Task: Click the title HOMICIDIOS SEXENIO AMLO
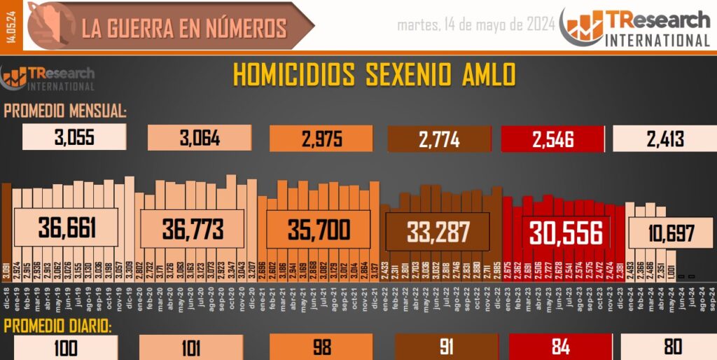pos(374,75)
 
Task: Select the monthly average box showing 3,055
pos(74,138)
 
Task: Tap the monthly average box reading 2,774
pos(439,139)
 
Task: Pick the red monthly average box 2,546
pos(552,139)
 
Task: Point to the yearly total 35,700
pos(318,228)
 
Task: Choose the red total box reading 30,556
pos(566,233)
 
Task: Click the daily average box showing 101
pos(190,348)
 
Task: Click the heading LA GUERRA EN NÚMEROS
pos(184,28)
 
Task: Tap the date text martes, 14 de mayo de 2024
pos(476,26)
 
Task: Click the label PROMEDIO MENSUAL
pos(65,111)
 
